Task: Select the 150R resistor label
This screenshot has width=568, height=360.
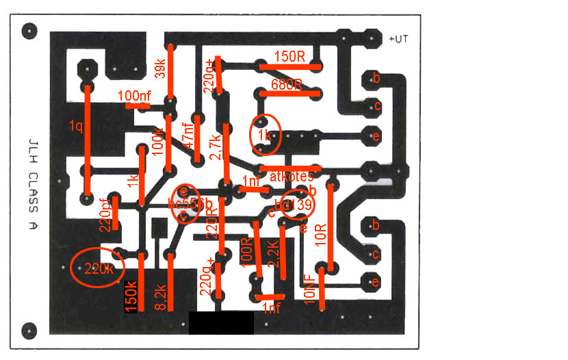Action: click(x=289, y=56)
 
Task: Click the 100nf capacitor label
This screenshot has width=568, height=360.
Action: click(x=134, y=96)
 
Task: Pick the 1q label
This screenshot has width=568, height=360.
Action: click(x=75, y=126)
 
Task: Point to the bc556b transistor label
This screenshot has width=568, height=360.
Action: click(x=190, y=204)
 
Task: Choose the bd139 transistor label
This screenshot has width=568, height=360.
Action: click(x=293, y=205)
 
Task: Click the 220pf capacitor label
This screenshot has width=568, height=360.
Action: click(x=106, y=216)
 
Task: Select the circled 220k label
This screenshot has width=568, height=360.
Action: click(x=98, y=269)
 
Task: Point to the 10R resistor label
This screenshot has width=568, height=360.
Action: click(x=320, y=236)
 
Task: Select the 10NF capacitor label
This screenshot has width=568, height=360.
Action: click(x=309, y=287)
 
